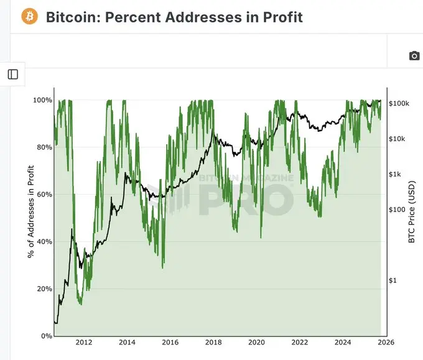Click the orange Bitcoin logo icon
click(x=29, y=16)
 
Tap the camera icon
click(x=414, y=56)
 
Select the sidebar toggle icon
click(x=13, y=75)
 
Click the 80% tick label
click(x=43, y=147)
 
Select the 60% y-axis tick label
click(x=43, y=195)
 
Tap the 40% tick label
click(x=43, y=242)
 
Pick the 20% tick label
click(x=43, y=289)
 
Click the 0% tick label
click(x=45, y=336)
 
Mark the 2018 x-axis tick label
click(x=213, y=343)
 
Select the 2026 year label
click(x=386, y=343)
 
